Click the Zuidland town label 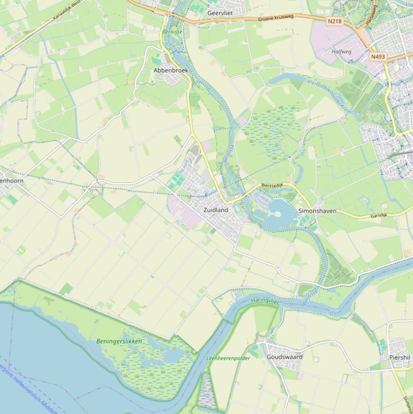pyautogui.click(x=215, y=210)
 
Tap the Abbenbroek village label pyautogui.click(x=170, y=70)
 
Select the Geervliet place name pyautogui.click(x=220, y=13)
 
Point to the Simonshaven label pyautogui.click(x=317, y=211)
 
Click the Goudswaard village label pyautogui.click(x=285, y=357)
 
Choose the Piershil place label pyautogui.click(x=400, y=358)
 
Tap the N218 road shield pyautogui.click(x=334, y=21)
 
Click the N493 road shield pyautogui.click(x=378, y=56)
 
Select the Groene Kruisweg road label pyautogui.click(x=276, y=18)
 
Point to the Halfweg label pyautogui.click(x=342, y=52)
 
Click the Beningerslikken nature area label pyautogui.click(x=119, y=341)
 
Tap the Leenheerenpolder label pyautogui.click(x=228, y=358)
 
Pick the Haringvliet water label pyautogui.click(x=265, y=302)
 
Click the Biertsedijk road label pyautogui.click(x=272, y=185)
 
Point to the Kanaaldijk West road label pyautogui.click(x=67, y=11)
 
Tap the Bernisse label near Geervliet pyautogui.click(x=172, y=32)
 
